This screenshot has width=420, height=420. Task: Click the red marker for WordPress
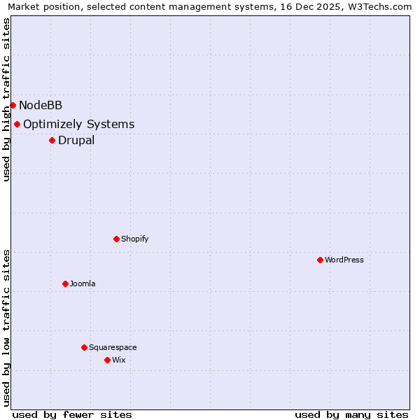320,260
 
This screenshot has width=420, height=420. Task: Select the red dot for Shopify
116,239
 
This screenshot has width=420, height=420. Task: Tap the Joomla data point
65,283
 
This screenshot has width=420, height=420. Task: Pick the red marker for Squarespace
84,347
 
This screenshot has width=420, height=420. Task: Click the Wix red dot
107,360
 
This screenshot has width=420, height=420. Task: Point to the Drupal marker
52,140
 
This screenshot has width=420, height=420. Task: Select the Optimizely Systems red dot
17,124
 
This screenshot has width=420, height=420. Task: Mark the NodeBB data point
13,105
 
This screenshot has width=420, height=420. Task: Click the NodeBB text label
41,105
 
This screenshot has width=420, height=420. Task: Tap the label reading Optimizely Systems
78,125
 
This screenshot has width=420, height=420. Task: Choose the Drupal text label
76,140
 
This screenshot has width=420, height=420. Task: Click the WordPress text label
344,260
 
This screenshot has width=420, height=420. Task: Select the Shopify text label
135,239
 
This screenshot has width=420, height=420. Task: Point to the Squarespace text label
113,347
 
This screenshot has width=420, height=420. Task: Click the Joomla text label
83,283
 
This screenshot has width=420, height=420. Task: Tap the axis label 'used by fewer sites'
72,414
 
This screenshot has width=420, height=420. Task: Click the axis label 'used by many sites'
351,414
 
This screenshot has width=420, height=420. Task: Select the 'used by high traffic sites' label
6,99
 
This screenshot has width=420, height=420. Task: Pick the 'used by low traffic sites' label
6,328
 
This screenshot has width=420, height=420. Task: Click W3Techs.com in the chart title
381,7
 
